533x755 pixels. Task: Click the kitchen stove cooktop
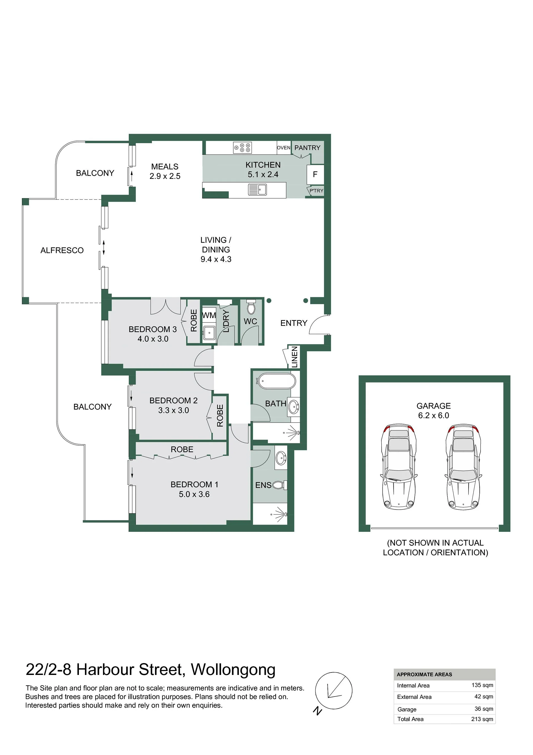coord(242,148)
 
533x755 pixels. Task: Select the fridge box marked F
coord(315,174)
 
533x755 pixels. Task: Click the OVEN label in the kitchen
coord(284,148)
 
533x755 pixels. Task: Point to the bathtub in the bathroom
coord(277,381)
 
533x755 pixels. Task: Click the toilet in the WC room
coord(251,307)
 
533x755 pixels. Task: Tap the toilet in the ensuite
coord(280,485)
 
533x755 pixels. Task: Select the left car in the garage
coord(399,467)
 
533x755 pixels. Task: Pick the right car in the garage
coord(463,467)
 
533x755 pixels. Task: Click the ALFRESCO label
coord(62,250)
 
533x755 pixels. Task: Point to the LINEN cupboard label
coord(295,357)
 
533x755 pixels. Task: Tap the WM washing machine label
coord(209,315)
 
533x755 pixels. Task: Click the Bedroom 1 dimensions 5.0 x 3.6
coord(194,494)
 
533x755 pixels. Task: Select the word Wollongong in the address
coord(233,670)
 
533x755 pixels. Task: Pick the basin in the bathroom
coord(293,408)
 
